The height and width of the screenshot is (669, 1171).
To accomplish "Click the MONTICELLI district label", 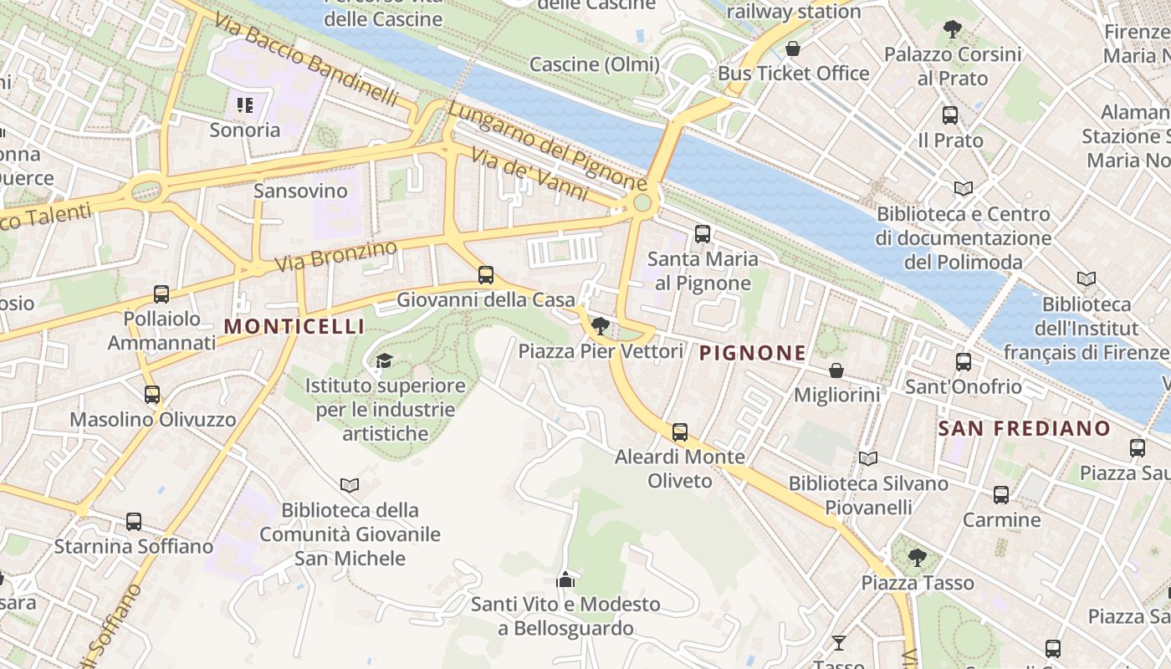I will [294, 326].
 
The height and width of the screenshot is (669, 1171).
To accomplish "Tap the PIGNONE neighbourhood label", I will [753, 353].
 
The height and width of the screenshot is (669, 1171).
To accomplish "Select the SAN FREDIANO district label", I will [1024, 429].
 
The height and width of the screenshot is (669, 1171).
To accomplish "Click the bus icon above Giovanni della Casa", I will [485, 275].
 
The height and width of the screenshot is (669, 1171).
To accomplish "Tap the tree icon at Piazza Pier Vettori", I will [600, 326].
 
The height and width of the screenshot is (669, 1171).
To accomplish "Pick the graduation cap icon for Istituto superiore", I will [384, 361].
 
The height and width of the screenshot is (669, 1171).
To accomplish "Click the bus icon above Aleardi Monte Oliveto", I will [680, 432].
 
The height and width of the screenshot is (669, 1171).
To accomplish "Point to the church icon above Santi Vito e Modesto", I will [565, 579].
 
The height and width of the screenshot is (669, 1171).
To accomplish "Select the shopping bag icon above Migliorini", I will [836, 370].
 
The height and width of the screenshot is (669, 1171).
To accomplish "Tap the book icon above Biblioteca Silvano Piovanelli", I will [868, 458].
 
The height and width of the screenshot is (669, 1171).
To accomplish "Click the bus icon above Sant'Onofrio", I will [964, 362].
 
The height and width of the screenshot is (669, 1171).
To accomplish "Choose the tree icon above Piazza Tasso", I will [918, 557].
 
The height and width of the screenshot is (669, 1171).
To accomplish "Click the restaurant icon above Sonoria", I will [245, 105].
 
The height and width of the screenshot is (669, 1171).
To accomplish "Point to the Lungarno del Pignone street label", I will [547, 146].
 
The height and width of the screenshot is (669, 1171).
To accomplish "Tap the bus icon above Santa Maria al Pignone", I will [703, 234].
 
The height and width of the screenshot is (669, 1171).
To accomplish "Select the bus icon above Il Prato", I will [950, 115].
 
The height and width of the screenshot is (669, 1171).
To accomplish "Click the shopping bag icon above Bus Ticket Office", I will [793, 49].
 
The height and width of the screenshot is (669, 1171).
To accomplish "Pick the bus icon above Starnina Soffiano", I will [134, 522].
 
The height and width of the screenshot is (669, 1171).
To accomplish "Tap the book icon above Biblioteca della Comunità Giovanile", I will [350, 485].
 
